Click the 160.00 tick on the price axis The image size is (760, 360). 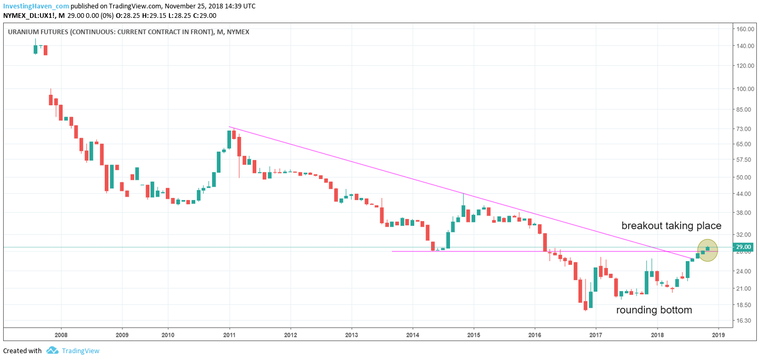(745, 29)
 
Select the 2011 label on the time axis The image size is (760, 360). (229, 334)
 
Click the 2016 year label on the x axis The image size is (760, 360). (535, 334)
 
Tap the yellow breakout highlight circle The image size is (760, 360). (707, 251)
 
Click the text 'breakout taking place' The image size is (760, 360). (671, 226)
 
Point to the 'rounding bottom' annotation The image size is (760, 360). (654, 310)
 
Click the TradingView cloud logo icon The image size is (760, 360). (52, 351)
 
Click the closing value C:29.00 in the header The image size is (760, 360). (203, 16)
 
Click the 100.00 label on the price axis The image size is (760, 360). (745, 89)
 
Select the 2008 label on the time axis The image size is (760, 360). (61, 334)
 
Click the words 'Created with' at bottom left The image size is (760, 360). (22, 351)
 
